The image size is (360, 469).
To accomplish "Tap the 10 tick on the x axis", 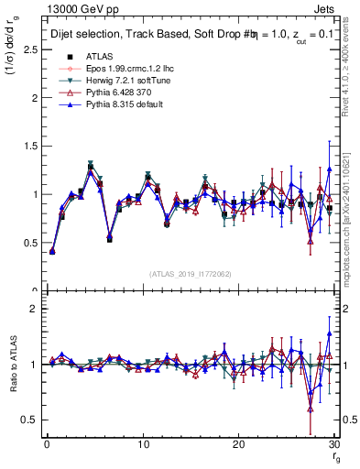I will pyautogui.click(x=142, y=444).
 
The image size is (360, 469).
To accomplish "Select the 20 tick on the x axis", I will pyautogui.click(x=238, y=444).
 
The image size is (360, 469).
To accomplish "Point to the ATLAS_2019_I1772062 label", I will pyautogui.click(x=191, y=274).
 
